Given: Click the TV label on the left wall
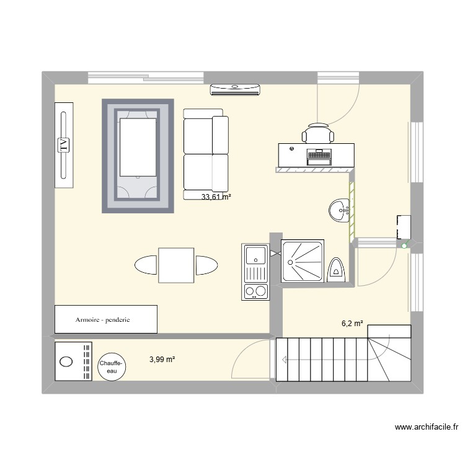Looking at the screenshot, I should (63, 145).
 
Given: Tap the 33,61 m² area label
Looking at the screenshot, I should (216, 197).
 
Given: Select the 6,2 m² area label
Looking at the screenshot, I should (352, 323).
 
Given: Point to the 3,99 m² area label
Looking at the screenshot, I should (162, 358).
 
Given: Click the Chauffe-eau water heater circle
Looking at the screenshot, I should (112, 365).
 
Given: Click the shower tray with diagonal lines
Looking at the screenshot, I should (303, 261).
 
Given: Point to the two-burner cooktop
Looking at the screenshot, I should (255, 290).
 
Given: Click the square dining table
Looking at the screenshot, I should (176, 265).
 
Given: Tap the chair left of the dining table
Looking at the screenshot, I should (146, 265).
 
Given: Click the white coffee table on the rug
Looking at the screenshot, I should (138, 148).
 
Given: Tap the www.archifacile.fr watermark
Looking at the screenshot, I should (428, 427).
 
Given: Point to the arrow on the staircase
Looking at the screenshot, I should (282, 360).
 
